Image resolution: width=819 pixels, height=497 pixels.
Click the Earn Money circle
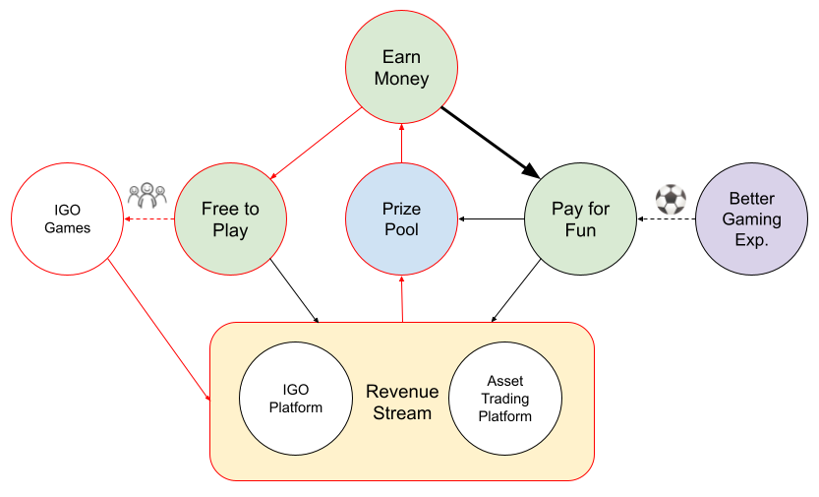pos(401,67)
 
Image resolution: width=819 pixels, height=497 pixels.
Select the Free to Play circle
pos(230,218)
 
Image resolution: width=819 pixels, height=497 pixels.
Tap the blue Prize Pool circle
pos(401,218)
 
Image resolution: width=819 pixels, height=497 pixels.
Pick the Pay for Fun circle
pos(580,218)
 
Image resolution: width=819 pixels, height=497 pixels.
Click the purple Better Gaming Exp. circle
pos(751,218)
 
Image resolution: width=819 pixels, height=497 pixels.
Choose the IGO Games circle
pos(68,218)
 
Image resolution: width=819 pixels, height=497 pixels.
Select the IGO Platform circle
pos(296,399)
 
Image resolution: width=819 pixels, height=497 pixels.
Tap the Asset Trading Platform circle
pos(505,399)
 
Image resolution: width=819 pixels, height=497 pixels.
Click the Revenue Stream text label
pos(402,402)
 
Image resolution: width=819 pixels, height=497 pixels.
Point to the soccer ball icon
pos(671,199)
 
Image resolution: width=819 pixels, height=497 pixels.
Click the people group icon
pos(147,195)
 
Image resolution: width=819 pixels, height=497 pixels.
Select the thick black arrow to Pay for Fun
pos(491,143)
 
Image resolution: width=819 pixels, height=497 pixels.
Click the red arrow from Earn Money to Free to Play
pos(316,143)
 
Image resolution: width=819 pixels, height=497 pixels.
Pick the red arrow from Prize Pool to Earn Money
pos(402,143)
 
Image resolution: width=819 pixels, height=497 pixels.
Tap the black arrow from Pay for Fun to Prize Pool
pos(491,218)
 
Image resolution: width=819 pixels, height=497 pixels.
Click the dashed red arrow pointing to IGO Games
pos(148,218)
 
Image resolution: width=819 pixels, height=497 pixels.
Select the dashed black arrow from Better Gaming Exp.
pos(667,218)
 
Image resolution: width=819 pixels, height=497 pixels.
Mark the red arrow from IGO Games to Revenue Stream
pos(159,330)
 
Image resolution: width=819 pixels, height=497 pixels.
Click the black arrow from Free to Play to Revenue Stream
pos(294,290)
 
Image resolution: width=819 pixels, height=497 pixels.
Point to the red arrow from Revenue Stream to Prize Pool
pos(402,299)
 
